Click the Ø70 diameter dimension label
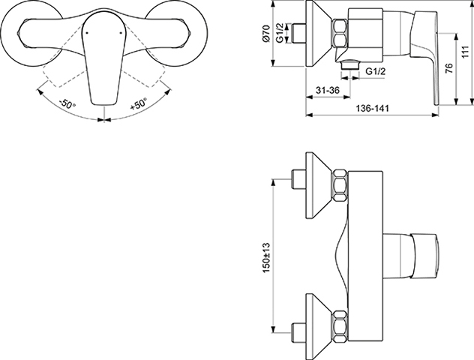coord(265,33)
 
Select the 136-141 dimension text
coord(373,108)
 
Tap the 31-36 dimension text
coord(328,90)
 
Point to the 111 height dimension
coord(466,52)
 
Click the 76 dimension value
coord(449,68)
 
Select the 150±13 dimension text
coord(266,257)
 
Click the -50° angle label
coord(67,104)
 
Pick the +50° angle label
coord(138,103)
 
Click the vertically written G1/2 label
coord(280,33)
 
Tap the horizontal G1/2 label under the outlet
coord(376,72)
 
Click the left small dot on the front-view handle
coord(87,33)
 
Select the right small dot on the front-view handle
coord(121,33)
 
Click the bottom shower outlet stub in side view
coord(350,65)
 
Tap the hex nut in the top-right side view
coord(340,34)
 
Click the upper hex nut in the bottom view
coord(340,185)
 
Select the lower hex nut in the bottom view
coord(340,325)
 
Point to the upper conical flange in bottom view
coord(319,185)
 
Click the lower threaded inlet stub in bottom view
coord(298,333)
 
